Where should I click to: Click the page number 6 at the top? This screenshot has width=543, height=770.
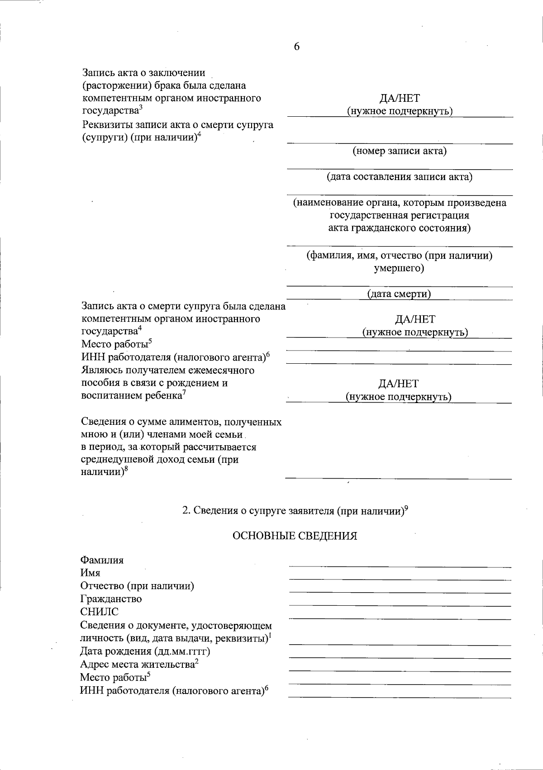point(297,47)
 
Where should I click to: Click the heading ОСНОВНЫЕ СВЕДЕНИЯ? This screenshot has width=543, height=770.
point(295,536)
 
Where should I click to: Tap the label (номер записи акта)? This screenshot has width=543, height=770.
point(400,151)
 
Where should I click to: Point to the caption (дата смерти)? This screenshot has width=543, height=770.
point(399,294)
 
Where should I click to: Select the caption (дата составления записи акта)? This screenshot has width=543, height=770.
point(400,176)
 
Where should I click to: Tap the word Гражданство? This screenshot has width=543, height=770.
point(111,599)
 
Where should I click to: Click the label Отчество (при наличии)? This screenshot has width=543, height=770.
point(137,586)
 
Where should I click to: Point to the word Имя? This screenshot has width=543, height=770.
point(90,573)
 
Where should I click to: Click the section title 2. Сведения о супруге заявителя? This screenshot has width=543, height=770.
point(292,511)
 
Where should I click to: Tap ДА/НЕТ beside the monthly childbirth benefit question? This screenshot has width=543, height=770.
point(399,384)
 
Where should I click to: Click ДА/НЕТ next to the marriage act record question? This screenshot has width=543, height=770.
point(400,98)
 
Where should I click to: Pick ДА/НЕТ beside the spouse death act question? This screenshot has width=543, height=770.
point(415,319)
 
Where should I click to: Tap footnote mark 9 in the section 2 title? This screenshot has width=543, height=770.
point(406,508)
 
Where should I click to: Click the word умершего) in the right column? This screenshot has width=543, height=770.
point(399,268)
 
